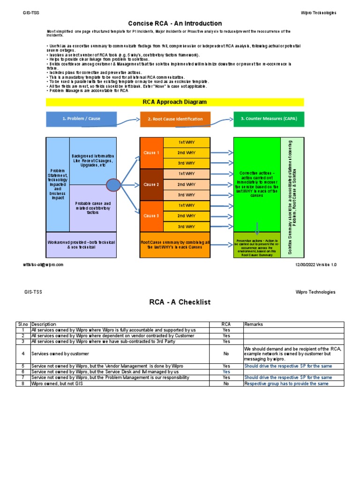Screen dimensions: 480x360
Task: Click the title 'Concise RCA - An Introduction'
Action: click(x=175, y=23)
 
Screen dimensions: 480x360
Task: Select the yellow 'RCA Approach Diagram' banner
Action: click(x=175, y=102)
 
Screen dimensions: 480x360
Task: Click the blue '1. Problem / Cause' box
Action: click(x=81, y=119)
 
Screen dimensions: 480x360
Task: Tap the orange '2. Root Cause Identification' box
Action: click(x=175, y=119)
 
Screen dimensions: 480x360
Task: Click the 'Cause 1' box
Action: click(x=151, y=153)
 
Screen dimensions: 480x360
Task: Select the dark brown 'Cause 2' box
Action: click(x=151, y=184)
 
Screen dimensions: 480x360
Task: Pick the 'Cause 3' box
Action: click(x=151, y=216)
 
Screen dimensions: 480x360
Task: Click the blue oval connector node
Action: click(x=113, y=185)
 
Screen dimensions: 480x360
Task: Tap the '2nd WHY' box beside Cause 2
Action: click(x=186, y=184)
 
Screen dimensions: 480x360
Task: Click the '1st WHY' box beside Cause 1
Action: click(x=186, y=142)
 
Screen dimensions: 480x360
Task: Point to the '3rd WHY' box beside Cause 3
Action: click(x=186, y=226)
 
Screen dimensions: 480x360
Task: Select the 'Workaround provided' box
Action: click(x=81, y=244)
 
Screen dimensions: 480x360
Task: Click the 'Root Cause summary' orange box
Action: click(x=175, y=244)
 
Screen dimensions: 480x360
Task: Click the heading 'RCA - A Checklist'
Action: click(x=180, y=302)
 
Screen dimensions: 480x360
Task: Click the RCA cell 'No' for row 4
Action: click(x=226, y=354)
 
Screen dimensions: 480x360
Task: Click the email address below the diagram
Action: click(x=43, y=264)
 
